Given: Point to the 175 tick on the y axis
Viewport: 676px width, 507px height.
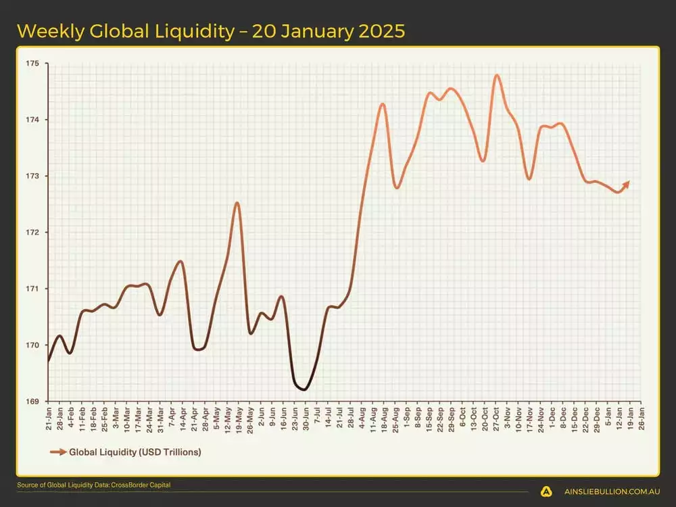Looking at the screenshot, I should pyautogui.click(x=33, y=64).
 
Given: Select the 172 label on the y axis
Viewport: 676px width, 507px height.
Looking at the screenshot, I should pyautogui.click(x=33, y=233).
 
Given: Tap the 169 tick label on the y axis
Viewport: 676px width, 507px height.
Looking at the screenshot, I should pyautogui.click(x=33, y=401).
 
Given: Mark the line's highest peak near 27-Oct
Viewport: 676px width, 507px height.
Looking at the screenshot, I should pyautogui.click(x=497, y=75).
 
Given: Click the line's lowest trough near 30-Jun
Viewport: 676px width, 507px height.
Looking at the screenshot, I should pyautogui.click(x=304, y=389).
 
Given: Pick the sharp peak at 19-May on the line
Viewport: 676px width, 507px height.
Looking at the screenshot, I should pyautogui.click(x=237, y=203).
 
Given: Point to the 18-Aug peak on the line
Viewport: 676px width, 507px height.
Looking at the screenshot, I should pyautogui.click(x=383, y=104).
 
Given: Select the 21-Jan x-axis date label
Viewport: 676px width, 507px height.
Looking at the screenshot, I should pyautogui.click(x=49, y=418).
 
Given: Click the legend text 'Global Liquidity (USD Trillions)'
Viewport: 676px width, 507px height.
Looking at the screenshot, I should pyautogui.click(x=135, y=451).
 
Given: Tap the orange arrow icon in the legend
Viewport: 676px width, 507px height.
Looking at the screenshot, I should pyautogui.click(x=58, y=451).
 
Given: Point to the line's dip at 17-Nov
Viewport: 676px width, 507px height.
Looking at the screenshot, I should pyautogui.click(x=529, y=179).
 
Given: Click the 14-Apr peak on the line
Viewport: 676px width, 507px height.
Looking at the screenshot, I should pyautogui.click(x=180, y=261).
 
